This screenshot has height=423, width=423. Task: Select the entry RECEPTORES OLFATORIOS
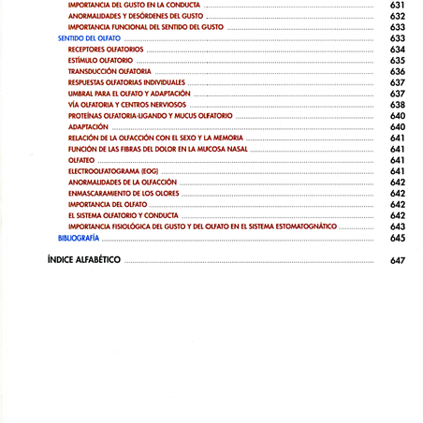point(106,50)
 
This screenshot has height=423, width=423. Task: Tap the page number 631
point(398,6)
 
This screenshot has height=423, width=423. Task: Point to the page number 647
point(398,260)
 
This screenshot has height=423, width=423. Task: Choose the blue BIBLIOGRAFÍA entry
point(79,238)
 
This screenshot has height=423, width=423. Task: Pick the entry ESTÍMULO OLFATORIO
point(101,61)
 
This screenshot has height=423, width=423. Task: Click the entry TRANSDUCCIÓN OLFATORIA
point(109,72)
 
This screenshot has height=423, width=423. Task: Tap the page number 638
point(398,105)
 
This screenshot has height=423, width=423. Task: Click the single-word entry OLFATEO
point(82,160)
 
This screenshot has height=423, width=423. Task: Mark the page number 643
point(398,226)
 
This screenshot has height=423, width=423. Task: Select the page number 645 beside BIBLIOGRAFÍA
point(398,238)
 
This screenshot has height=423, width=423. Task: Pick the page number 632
point(398,17)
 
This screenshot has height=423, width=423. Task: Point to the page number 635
point(398,61)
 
